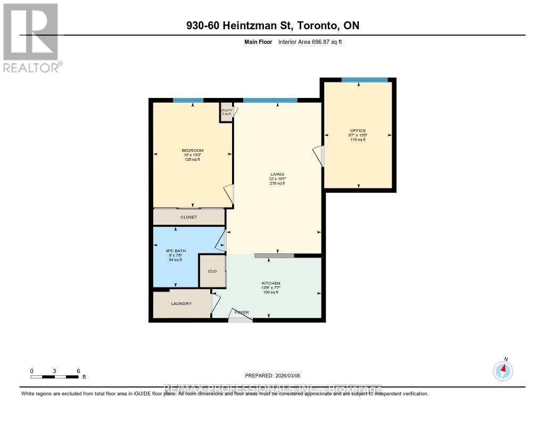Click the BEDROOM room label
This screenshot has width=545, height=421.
point(192,151)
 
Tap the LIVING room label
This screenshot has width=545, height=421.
point(277,174)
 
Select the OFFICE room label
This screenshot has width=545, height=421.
point(358,131)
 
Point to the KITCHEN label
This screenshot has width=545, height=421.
point(270,283)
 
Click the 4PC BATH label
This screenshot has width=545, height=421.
point(175,250)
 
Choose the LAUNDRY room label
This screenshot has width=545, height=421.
point(181,304)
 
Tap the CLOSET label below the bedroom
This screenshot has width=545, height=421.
point(188,217)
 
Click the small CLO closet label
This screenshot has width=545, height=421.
point(212,271)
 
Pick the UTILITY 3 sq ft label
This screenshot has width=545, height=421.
point(226,112)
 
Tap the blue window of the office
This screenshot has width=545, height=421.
point(365,80)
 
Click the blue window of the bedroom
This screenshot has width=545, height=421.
point(188,100)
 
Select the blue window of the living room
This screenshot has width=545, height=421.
point(270,100)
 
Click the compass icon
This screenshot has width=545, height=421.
point(503,370)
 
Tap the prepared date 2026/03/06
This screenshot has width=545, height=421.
point(276,375)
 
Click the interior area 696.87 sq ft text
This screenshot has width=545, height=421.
point(310,42)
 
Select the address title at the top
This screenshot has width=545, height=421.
point(272,26)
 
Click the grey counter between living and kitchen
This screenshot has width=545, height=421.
point(274,256)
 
